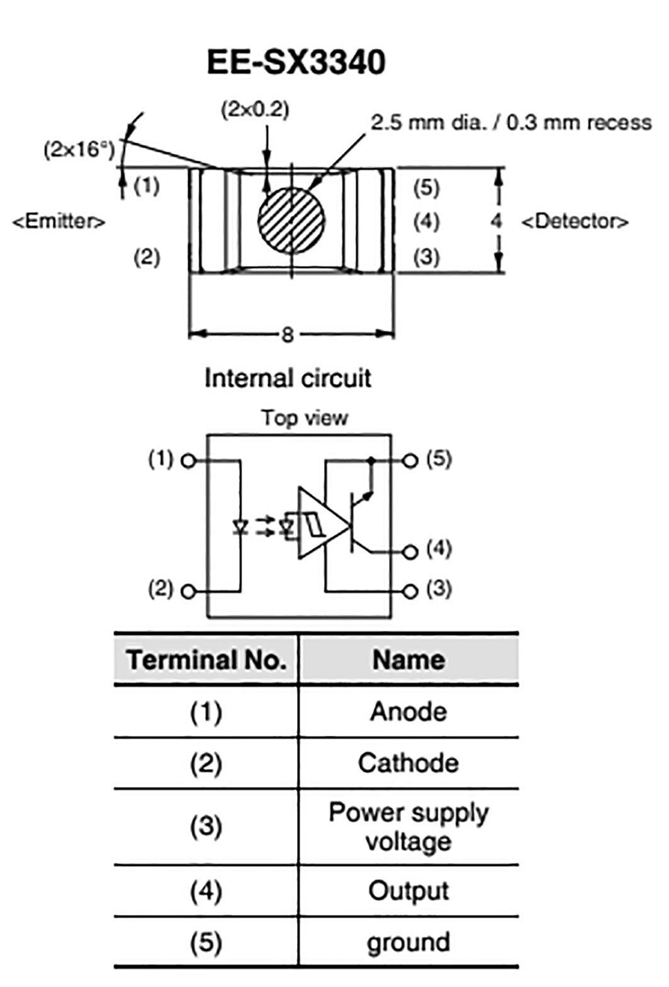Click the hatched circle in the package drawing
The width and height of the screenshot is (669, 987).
point(291,220)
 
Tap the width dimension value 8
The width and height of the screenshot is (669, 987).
point(288,334)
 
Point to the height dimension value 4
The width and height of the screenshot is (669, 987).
point(497,221)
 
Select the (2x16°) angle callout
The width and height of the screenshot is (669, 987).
point(80,150)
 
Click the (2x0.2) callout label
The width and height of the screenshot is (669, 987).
point(255,110)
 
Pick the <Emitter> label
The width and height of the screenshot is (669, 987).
point(59,222)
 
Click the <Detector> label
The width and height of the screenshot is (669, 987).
point(575,222)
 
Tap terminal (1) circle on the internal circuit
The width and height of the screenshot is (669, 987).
point(188,461)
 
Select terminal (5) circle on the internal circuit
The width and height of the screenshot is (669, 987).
point(410,461)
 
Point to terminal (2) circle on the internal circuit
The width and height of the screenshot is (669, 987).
point(188,591)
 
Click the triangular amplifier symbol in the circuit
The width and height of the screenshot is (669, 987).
point(320,522)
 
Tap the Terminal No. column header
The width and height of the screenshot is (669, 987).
point(206,660)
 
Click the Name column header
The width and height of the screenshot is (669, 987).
point(408,660)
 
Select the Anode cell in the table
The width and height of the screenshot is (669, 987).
point(408,711)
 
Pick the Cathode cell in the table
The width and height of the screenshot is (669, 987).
point(408,763)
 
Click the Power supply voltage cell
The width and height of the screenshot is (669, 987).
point(408,826)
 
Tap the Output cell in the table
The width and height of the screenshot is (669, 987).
point(408,891)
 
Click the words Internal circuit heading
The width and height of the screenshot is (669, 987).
point(288,378)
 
